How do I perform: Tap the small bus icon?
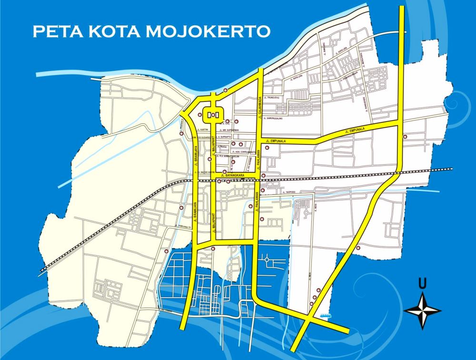click(326, 315)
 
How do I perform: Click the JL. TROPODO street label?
click(289, 192)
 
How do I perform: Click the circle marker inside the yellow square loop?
click(213, 114)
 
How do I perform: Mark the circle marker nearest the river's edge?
click(225, 90)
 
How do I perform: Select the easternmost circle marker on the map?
click(405, 137)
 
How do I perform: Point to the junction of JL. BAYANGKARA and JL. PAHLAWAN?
click(260, 177)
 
